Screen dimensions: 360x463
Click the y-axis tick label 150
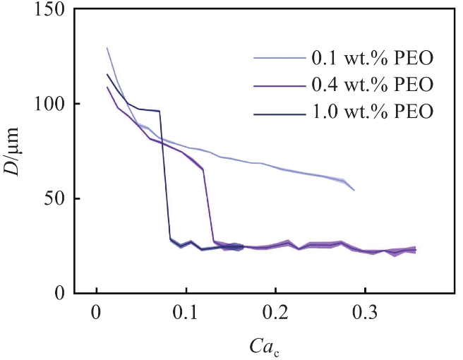[x=47, y=10]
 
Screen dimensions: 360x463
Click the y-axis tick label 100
[x=47, y=104]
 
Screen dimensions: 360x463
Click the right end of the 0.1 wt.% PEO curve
[x=354, y=190]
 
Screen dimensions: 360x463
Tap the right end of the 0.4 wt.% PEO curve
[x=415, y=249]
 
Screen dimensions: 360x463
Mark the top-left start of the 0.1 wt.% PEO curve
[x=107, y=48]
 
